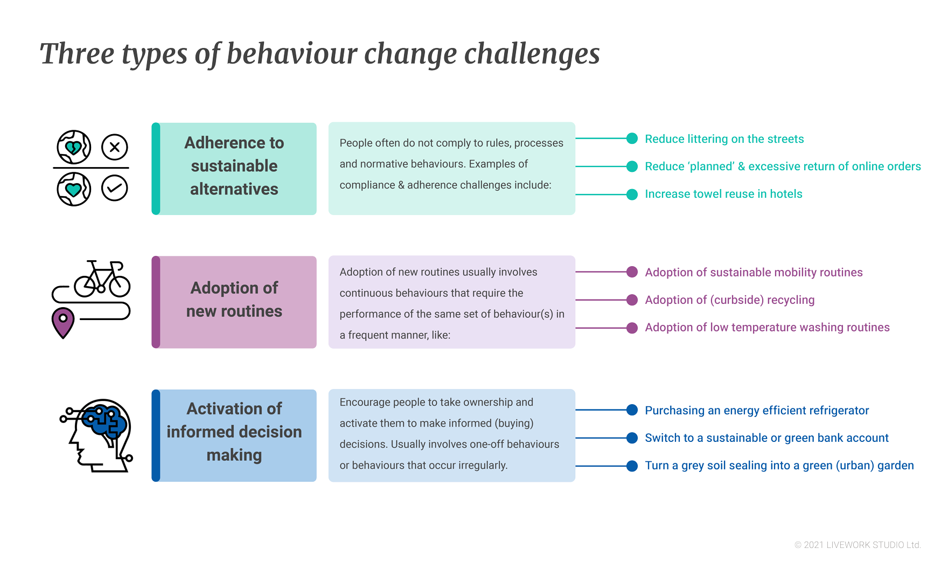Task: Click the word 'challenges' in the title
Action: (x=532, y=54)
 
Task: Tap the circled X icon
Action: (x=115, y=147)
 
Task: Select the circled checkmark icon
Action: (x=115, y=188)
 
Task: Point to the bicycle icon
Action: (x=102, y=279)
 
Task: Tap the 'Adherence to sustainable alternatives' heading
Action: (x=234, y=166)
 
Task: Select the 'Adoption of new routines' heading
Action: (x=234, y=300)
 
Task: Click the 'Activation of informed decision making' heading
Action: (x=234, y=432)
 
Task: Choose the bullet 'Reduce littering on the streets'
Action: (x=724, y=139)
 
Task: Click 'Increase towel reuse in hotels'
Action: (x=724, y=194)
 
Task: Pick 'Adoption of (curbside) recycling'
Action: (x=730, y=300)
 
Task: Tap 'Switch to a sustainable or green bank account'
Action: (x=767, y=438)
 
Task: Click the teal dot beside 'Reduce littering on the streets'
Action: (x=632, y=138)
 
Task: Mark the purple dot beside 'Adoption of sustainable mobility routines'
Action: (x=632, y=272)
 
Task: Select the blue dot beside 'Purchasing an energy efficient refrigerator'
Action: (x=632, y=410)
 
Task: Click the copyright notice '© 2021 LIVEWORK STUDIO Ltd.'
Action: (x=858, y=545)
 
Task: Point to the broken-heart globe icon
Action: (x=74, y=147)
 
